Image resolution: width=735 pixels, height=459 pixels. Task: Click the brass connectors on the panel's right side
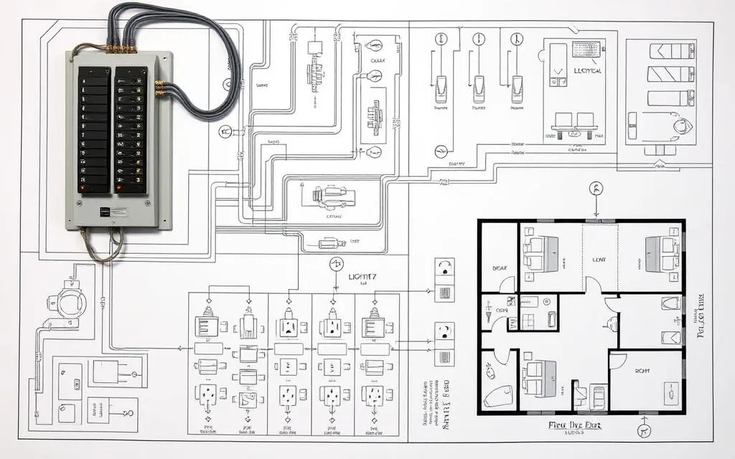160,88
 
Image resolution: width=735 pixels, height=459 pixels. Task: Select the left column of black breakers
95,130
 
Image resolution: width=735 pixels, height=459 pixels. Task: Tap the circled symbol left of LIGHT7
336,265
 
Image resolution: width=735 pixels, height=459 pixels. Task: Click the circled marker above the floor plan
595,189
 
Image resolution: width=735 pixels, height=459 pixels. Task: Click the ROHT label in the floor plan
642,371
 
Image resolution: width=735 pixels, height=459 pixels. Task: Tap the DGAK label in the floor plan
500,268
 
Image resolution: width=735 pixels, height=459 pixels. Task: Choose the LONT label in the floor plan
599,261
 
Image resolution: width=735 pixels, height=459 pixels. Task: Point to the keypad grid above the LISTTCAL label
586,49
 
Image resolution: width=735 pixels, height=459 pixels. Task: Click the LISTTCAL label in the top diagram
588,71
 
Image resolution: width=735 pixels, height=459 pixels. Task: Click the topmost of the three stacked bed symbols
670,51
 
